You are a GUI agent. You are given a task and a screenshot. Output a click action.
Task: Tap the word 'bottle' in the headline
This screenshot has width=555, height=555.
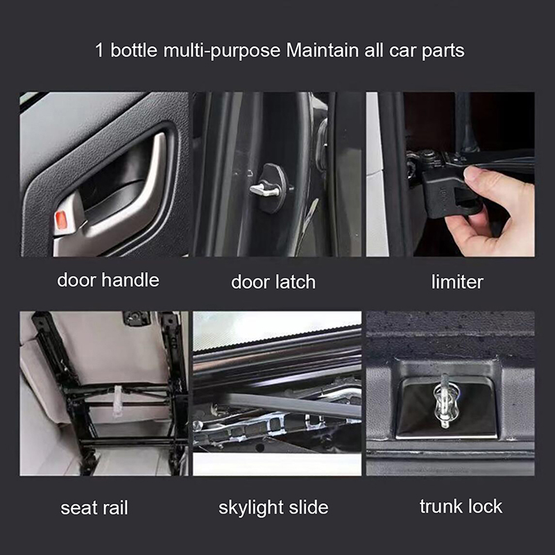point(134,50)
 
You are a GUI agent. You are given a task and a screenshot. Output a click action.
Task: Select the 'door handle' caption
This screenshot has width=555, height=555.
point(108,280)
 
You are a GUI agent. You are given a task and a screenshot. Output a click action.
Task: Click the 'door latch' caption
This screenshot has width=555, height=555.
point(273,282)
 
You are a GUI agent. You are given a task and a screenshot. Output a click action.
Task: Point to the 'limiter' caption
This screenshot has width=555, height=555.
point(457,282)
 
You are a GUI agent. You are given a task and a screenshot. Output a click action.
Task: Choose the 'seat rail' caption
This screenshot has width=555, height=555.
point(94,508)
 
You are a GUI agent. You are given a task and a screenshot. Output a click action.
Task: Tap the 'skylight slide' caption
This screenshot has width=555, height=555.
point(273,508)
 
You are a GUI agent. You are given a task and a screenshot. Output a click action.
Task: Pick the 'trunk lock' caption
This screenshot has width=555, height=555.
point(461,506)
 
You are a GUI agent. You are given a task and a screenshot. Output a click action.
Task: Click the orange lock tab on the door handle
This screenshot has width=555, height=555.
point(61,219)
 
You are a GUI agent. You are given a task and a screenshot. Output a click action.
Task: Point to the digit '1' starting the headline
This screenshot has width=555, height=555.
point(99,50)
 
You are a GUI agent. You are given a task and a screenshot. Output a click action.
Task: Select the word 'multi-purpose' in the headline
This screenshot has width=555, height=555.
point(222,51)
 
